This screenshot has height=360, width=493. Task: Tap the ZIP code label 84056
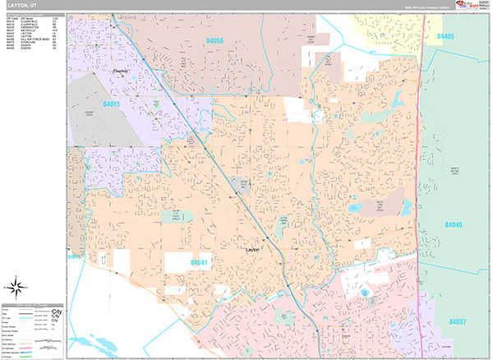point(215,40)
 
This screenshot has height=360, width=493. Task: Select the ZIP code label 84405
point(447,37)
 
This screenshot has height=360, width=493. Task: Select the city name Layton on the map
point(253,248)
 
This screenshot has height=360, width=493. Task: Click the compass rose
point(15,288)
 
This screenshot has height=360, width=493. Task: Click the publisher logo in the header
point(465,5)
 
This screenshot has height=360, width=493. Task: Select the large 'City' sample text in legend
point(57,313)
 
